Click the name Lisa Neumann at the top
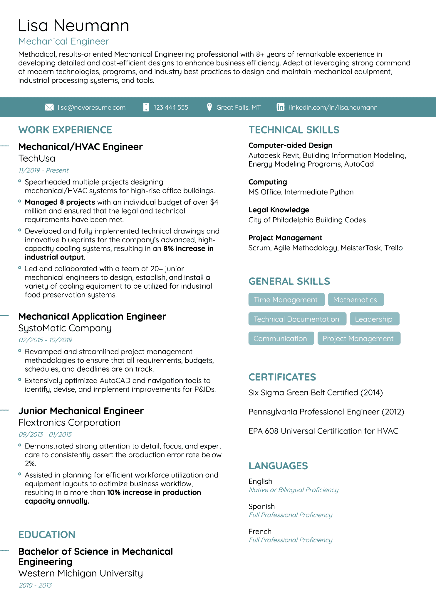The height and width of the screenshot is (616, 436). tap(73, 26)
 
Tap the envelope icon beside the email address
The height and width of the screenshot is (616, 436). tap(49, 107)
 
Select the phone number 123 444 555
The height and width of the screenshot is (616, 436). tap(170, 107)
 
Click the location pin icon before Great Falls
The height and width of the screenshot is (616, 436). tap(209, 107)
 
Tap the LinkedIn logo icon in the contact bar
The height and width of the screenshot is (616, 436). tap(280, 107)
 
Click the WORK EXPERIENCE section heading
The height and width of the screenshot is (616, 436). tap(65, 130)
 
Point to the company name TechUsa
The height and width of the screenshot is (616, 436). tap(37, 158)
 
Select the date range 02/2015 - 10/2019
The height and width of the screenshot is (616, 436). tap(45, 340)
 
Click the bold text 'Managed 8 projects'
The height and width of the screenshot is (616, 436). tap(60, 202)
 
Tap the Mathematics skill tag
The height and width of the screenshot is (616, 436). tap(355, 299)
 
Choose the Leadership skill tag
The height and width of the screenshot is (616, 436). tap(374, 319)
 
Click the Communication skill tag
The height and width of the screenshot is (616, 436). tap(281, 338)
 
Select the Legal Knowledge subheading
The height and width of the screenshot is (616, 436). tap(279, 210)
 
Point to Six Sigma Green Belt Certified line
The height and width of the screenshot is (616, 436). tap(315, 392)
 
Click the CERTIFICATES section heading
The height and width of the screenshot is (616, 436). tap(282, 377)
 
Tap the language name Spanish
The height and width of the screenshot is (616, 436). tap(261, 506)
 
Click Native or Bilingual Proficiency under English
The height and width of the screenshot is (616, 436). tap(294, 490)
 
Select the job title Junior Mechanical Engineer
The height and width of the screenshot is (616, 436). tap(81, 411)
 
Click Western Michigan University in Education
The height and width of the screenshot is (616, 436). tap(81, 573)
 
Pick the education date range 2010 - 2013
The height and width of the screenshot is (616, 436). tap(35, 585)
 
